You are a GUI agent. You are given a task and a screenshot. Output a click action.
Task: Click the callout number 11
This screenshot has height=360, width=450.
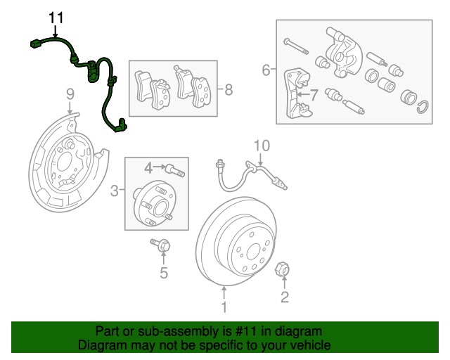click(56, 18)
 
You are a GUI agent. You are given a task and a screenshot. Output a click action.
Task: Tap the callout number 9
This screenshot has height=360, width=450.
click(70, 94)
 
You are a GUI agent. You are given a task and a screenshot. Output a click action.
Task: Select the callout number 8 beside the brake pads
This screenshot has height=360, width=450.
click(229, 89)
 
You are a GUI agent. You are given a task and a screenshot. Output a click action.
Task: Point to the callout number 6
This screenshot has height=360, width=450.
click(266, 70)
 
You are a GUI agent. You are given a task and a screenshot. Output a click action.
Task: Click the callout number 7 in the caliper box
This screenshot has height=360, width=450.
click(314, 95)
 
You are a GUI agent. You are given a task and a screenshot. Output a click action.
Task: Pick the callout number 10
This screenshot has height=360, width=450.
click(262, 146)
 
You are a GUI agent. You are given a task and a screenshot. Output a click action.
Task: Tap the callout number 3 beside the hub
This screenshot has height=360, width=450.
click(114, 191)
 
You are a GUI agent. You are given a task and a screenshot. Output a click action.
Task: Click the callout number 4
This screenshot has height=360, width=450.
click(148, 168)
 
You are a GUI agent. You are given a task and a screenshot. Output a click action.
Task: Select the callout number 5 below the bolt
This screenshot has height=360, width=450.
click(164, 273)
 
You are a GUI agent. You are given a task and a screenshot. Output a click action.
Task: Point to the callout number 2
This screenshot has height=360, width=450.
click(284, 297)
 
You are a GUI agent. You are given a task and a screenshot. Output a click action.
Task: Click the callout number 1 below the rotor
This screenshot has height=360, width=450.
click(224, 307)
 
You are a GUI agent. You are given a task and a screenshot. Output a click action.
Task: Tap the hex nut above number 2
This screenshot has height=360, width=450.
click(282, 269)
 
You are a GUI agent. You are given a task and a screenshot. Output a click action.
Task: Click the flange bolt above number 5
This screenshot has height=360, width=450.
click(160, 245)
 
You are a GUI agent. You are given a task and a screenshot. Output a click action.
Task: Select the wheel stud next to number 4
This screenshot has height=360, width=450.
click(175, 170)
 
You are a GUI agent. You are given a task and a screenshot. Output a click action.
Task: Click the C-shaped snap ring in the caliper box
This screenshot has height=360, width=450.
click(423, 107)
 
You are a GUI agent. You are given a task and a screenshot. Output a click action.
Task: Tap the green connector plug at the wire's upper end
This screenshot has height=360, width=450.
click(36, 44)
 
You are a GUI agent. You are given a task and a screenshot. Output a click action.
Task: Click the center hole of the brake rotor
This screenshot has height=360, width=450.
click(253, 252)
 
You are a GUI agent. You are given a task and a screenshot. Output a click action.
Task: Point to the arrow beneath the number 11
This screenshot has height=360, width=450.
click(55, 32)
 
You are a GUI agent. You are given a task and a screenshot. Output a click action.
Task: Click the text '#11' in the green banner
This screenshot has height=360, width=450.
click(245, 331)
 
